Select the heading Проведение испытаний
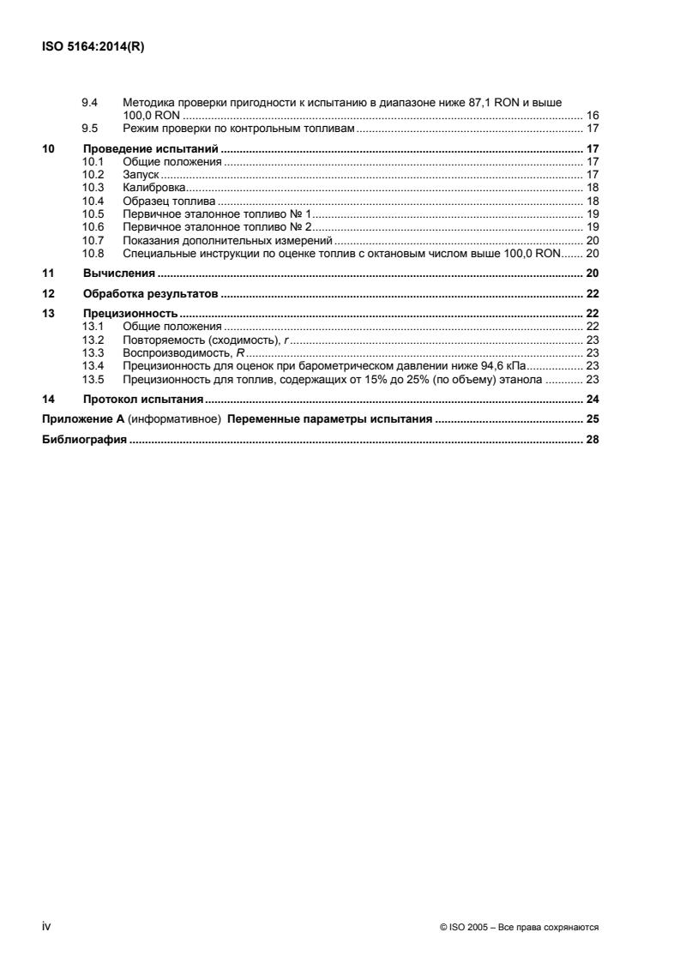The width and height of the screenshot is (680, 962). pos(146,148)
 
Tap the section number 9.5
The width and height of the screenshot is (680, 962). pos(89,129)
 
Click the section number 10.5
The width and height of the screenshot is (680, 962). pos(92,213)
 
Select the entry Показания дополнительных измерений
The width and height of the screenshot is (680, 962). pos(227,240)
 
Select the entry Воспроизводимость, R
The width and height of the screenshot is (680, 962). pos(184,352)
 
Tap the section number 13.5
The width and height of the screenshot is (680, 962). pos(92,378)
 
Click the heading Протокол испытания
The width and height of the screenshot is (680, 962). pos(142,399)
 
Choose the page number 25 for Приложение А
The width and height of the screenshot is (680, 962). pos(592,419)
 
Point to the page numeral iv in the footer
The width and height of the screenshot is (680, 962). pos(47,925)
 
